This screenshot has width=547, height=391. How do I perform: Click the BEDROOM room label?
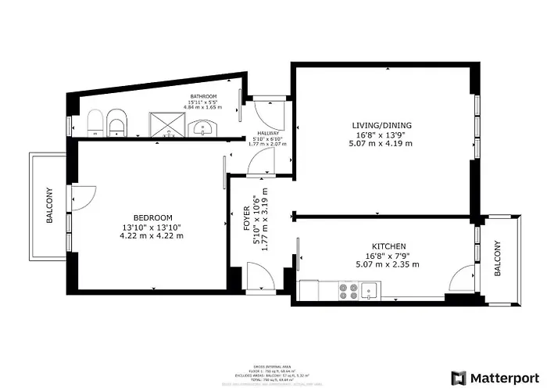[x=152, y=217]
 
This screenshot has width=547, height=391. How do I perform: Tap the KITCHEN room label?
[x=388, y=246]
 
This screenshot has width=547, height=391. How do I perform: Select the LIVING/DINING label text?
[x=381, y=125]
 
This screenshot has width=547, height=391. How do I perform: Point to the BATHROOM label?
[x=203, y=97]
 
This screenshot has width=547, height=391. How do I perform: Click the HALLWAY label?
[x=268, y=134]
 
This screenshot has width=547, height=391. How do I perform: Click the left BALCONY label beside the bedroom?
[x=49, y=206]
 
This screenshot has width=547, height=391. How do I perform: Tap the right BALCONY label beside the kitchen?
[x=497, y=260]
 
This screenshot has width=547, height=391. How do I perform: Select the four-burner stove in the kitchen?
[x=348, y=291]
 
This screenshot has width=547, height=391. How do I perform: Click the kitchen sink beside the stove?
[x=370, y=291]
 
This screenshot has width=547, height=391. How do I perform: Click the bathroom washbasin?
[x=205, y=127]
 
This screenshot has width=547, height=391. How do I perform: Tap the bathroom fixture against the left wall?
[x=95, y=123]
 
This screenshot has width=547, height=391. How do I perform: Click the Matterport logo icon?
[x=459, y=377]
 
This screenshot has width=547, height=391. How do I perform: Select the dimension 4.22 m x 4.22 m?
[x=152, y=236]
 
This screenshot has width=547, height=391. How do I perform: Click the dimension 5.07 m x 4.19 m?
[x=381, y=144]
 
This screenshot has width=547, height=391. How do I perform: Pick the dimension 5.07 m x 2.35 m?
[x=388, y=265]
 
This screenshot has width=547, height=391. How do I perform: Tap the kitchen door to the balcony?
[x=465, y=278]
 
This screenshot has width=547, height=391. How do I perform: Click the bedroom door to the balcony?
[x=83, y=197]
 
